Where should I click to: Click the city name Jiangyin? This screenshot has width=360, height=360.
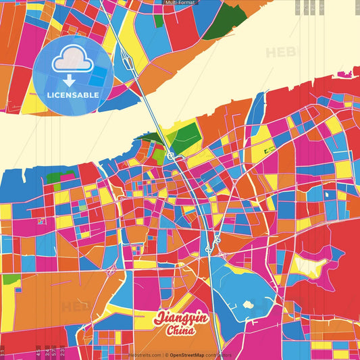181,318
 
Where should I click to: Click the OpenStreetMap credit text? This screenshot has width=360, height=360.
192,355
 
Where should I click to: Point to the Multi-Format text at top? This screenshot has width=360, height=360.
180,3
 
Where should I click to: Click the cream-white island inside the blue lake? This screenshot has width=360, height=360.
248,305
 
